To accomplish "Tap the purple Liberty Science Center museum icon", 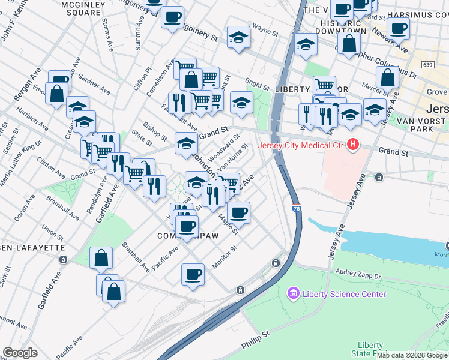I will (293, 293).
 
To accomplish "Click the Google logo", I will (20, 353).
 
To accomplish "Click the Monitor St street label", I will (224, 257).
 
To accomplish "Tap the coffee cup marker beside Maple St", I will (238, 212).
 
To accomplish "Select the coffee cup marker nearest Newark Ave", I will (397, 28).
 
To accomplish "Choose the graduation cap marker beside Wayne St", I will (238, 38).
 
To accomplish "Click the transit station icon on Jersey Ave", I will (379, 177).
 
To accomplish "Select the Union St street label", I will (49, 230).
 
